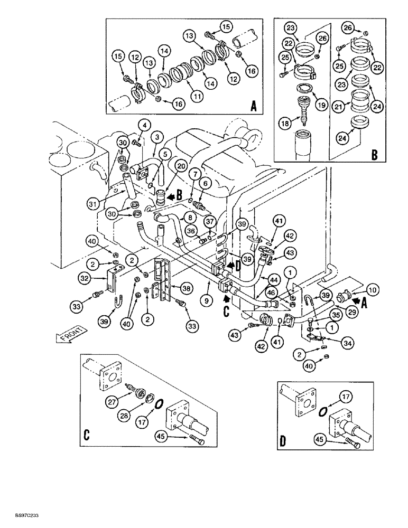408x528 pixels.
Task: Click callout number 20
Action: (x=181, y=166)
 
